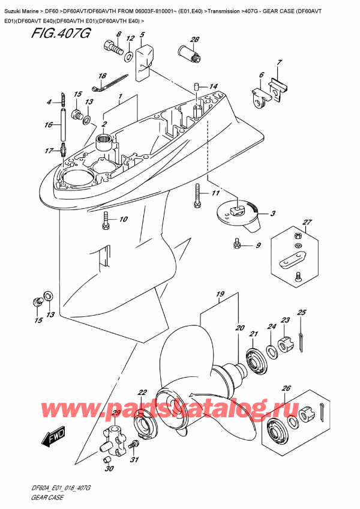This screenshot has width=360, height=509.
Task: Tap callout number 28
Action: (x=194, y=40)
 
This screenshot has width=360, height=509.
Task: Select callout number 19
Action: (x=220, y=294)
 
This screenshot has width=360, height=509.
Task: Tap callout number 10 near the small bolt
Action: (x=124, y=220)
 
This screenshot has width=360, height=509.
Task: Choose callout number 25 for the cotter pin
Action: (x=301, y=313)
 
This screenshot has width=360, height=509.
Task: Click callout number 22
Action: (x=142, y=393)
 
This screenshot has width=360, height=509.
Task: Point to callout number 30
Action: (x=108, y=469)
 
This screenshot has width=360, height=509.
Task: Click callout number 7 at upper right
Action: (x=279, y=64)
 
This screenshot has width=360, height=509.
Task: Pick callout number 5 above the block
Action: (x=142, y=35)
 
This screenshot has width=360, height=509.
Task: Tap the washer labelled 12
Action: (x=128, y=56)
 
